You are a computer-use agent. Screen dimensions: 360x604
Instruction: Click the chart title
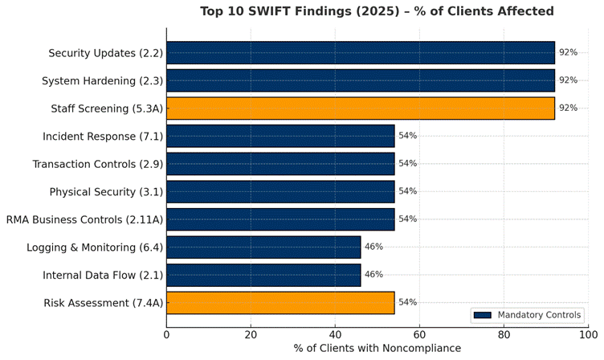(x=377, y=11)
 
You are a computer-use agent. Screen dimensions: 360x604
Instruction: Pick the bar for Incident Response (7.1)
(x=280, y=136)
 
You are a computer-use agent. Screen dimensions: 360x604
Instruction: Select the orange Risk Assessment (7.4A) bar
(x=280, y=302)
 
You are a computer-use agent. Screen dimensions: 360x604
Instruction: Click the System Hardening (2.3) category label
(x=102, y=80)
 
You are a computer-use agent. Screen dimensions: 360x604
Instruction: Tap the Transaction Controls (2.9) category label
(x=97, y=164)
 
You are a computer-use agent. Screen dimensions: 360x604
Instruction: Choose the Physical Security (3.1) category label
(x=106, y=191)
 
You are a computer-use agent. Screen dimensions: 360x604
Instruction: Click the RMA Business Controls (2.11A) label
(x=84, y=219)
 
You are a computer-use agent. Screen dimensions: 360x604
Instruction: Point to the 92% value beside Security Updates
(x=568, y=53)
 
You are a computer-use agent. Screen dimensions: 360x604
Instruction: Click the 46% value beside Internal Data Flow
(x=373, y=275)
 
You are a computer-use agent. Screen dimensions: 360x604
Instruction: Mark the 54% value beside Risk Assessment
(x=407, y=302)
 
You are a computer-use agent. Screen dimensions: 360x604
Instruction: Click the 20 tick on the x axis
(x=251, y=334)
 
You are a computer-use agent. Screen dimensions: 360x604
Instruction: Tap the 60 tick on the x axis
(x=419, y=334)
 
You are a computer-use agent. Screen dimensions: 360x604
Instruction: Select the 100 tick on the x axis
(x=588, y=334)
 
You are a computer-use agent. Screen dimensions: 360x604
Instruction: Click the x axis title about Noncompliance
(x=377, y=349)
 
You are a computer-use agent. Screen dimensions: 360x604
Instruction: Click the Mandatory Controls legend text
(x=540, y=315)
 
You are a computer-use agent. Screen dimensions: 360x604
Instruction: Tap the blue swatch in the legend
(x=482, y=315)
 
